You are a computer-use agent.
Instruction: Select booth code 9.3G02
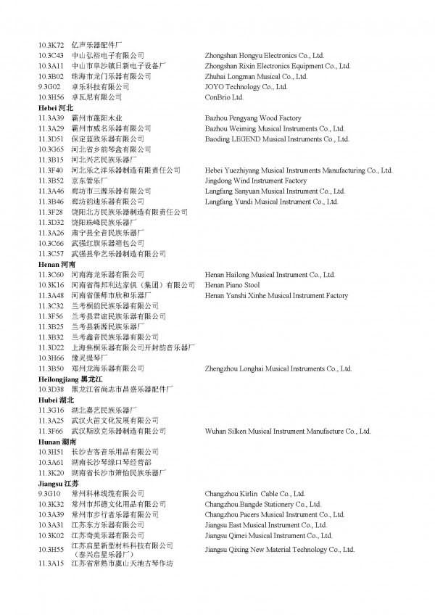click(x=49, y=86)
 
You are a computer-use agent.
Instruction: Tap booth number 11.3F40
click(x=51, y=170)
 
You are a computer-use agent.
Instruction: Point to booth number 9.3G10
click(x=49, y=494)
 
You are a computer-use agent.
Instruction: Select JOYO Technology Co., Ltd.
click(x=246, y=86)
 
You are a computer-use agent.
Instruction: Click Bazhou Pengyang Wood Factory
click(x=253, y=118)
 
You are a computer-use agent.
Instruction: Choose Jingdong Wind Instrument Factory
click(x=256, y=181)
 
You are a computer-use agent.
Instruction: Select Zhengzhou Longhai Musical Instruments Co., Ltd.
click(x=278, y=369)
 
